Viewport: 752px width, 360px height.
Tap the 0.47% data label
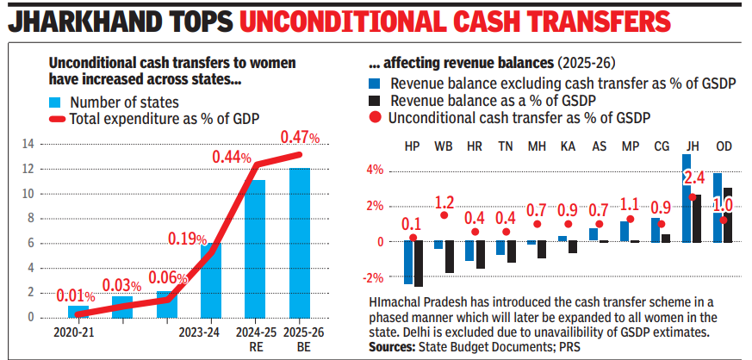coord(300,137)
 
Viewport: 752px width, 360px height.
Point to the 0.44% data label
coord(232,157)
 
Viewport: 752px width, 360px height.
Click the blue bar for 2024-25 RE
coord(254,249)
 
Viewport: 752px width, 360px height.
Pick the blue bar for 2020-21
coord(78,312)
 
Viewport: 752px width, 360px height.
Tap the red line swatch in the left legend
coord(56,119)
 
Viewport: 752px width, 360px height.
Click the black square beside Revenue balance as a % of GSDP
coord(375,101)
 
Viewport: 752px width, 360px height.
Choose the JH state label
coord(691,146)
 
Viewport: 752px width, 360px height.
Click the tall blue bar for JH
coord(687,198)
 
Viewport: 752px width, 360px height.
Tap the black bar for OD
coord(728,214)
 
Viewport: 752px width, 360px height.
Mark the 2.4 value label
coord(693,179)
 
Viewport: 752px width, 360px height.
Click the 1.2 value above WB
coord(444,203)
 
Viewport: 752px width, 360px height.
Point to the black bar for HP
coord(419,264)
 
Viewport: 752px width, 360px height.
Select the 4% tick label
coord(374,170)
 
